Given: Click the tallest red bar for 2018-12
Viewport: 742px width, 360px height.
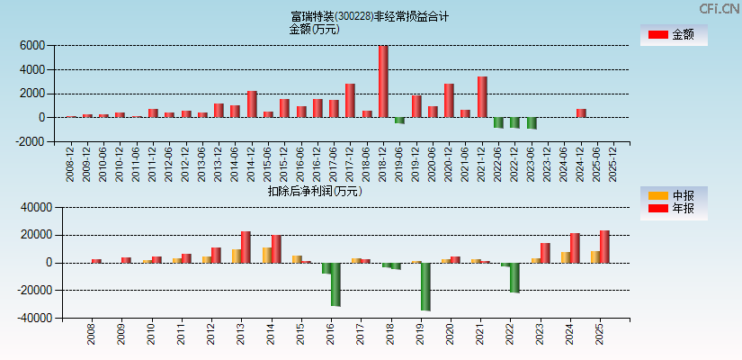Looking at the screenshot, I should (x=383, y=82).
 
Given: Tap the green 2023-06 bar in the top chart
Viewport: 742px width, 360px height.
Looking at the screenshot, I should (x=532, y=123).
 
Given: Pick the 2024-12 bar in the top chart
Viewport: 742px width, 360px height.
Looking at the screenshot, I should (x=581, y=113).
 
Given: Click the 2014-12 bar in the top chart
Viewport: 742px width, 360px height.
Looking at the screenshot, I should (x=252, y=104).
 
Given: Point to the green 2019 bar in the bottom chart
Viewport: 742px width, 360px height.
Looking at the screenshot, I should (x=425, y=286).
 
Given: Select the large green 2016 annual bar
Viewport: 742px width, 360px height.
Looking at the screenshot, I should (x=335, y=284).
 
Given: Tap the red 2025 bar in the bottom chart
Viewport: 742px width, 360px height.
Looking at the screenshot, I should (x=604, y=247).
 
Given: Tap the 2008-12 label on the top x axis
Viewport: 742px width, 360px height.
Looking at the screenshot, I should (x=71, y=163).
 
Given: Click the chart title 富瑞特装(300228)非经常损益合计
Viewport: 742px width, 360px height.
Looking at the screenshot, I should (x=370, y=16).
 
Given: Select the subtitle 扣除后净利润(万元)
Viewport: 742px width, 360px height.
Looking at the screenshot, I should (x=315, y=191).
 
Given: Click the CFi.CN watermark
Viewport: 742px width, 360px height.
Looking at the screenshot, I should (x=720, y=8).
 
